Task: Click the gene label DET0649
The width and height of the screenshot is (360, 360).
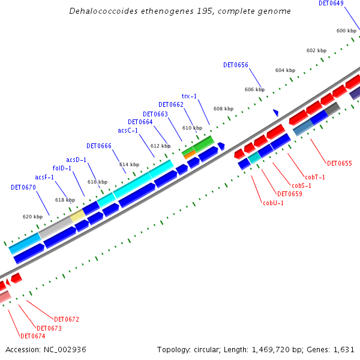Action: pyautogui.click(x=331, y=4)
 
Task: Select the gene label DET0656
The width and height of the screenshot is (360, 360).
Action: pyautogui.click(x=236, y=65)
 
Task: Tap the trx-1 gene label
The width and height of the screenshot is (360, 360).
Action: pyautogui.click(x=189, y=96)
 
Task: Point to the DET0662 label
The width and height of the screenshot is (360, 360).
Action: pyautogui.click(x=171, y=104)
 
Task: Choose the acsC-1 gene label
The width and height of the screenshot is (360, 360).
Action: pyautogui.click(x=128, y=130)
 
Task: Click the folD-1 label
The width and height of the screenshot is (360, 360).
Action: pyautogui.click(x=62, y=168)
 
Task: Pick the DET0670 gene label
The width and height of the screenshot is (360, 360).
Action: pyautogui.click(x=23, y=187)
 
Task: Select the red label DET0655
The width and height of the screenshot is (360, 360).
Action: pyautogui.click(x=340, y=163)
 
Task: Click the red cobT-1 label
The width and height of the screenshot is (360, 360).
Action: pyautogui.click(x=315, y=177)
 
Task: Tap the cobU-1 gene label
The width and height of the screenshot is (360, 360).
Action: pyautogui.click(x=273, y=203)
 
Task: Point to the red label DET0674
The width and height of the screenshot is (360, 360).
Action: pyautogui.click(x=33, y=336)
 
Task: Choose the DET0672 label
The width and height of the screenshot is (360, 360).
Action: pyautogui.click(x=67, y=319)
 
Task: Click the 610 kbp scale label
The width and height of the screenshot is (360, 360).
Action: pyautogui.click(x=193, y=128)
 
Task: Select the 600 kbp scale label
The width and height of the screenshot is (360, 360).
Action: pyautogui.click(x=346, y=31)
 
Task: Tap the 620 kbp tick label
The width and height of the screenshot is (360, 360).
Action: pyautogui.click(x=32, y=217)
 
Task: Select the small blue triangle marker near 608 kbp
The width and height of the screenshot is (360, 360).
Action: pyautogui.click(x=275, y=112)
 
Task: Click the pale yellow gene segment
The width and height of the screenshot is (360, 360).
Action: pyautogui.click(x=78, y=215)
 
